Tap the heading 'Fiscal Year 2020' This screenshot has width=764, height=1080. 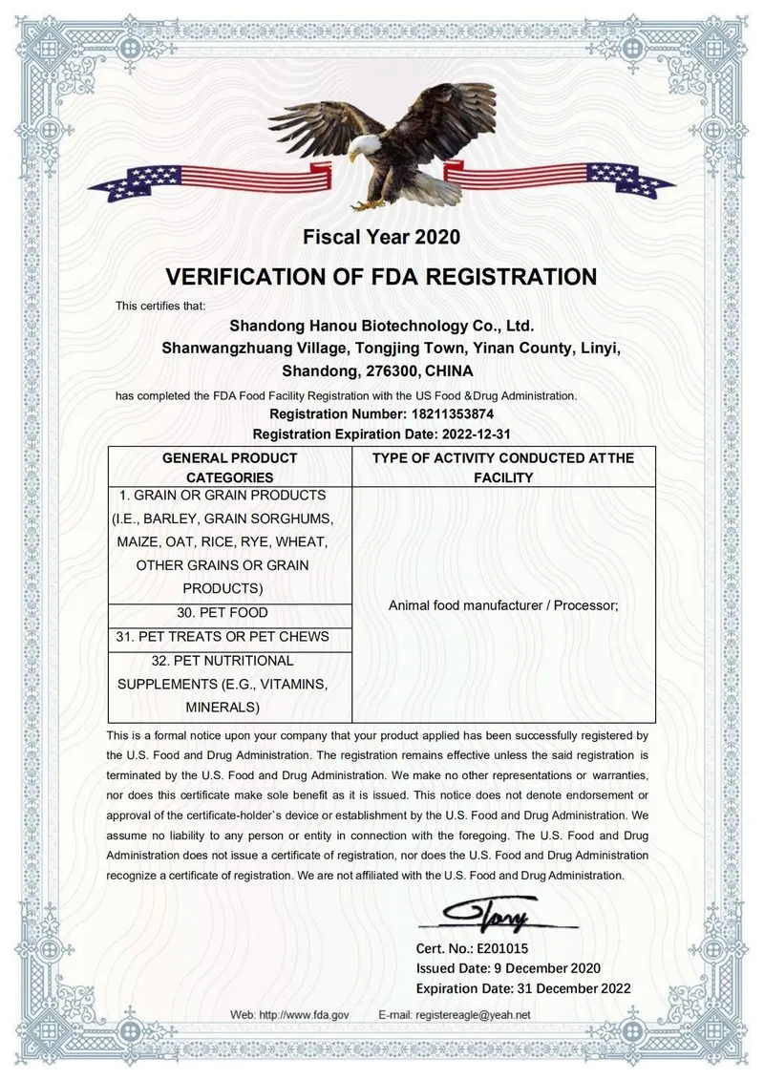tap(381, 236)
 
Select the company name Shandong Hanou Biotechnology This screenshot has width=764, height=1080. tap(381, 327)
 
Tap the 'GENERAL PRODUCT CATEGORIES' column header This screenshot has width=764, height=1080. tap(229, 467)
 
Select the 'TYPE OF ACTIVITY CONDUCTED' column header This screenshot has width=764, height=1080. tap(503, 467)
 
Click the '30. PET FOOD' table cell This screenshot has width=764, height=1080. tap(229, 612)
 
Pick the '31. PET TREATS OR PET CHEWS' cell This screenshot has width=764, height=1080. tap(229, 636)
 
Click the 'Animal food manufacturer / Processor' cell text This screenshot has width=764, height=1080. tap(503, 604)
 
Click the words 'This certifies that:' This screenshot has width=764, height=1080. tap(160, 306)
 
